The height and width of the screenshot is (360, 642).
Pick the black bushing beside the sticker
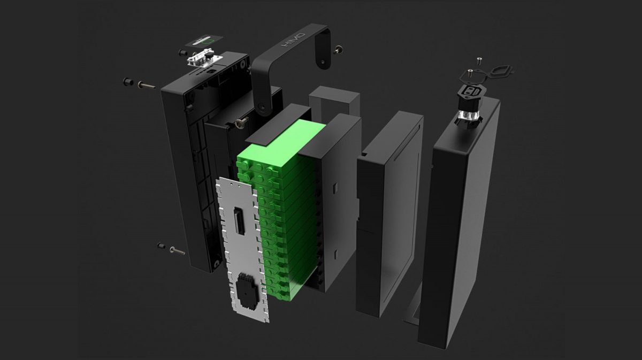[182, 53]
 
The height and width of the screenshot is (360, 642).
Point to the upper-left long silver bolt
[147, 86]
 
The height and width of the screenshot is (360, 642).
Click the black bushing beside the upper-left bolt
[128, 82]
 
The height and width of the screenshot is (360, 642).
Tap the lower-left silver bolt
[178, 251]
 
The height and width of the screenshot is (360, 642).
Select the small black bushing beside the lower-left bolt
[162, 246]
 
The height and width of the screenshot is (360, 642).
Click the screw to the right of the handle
[338, 50]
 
